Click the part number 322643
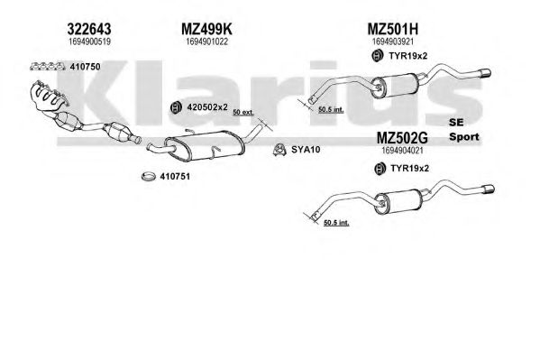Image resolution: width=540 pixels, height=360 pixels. click(x=89, y=29)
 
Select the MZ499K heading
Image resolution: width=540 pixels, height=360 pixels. click(x=206, y=29)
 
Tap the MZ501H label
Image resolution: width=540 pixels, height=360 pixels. click(x=392, y=29)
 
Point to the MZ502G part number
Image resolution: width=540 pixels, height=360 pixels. click(x=402, y=138)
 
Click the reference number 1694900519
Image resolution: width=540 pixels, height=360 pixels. click(x=89, y=42)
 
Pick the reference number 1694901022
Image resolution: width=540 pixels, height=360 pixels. click(x=207, y=42)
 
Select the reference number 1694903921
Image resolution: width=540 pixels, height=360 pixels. click(x=393, y=42)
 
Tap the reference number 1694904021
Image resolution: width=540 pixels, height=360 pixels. click(x=402, y=151)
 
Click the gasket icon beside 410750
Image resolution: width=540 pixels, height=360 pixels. click(x=48, y=66)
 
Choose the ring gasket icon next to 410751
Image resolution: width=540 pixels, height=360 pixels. click(x=149, y=177)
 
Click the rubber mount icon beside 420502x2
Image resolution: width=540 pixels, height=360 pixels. click(x=176, y=107)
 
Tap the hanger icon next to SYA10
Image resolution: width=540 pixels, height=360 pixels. click(x=279, y=150)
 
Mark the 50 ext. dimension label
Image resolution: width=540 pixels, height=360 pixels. click(x=243, y=113)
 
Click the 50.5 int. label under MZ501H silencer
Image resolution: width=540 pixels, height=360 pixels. click(x=331, y=110)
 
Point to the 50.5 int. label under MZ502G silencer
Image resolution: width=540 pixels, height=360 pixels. click(x=336, y=223)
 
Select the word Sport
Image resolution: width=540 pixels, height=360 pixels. click(x=464, y=137)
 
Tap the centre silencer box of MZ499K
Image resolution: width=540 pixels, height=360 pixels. click(x=206, y=146)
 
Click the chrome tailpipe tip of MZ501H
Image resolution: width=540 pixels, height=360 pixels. click(x=486, y=73)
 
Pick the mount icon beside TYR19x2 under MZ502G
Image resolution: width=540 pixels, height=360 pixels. click(x=380, y=169)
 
